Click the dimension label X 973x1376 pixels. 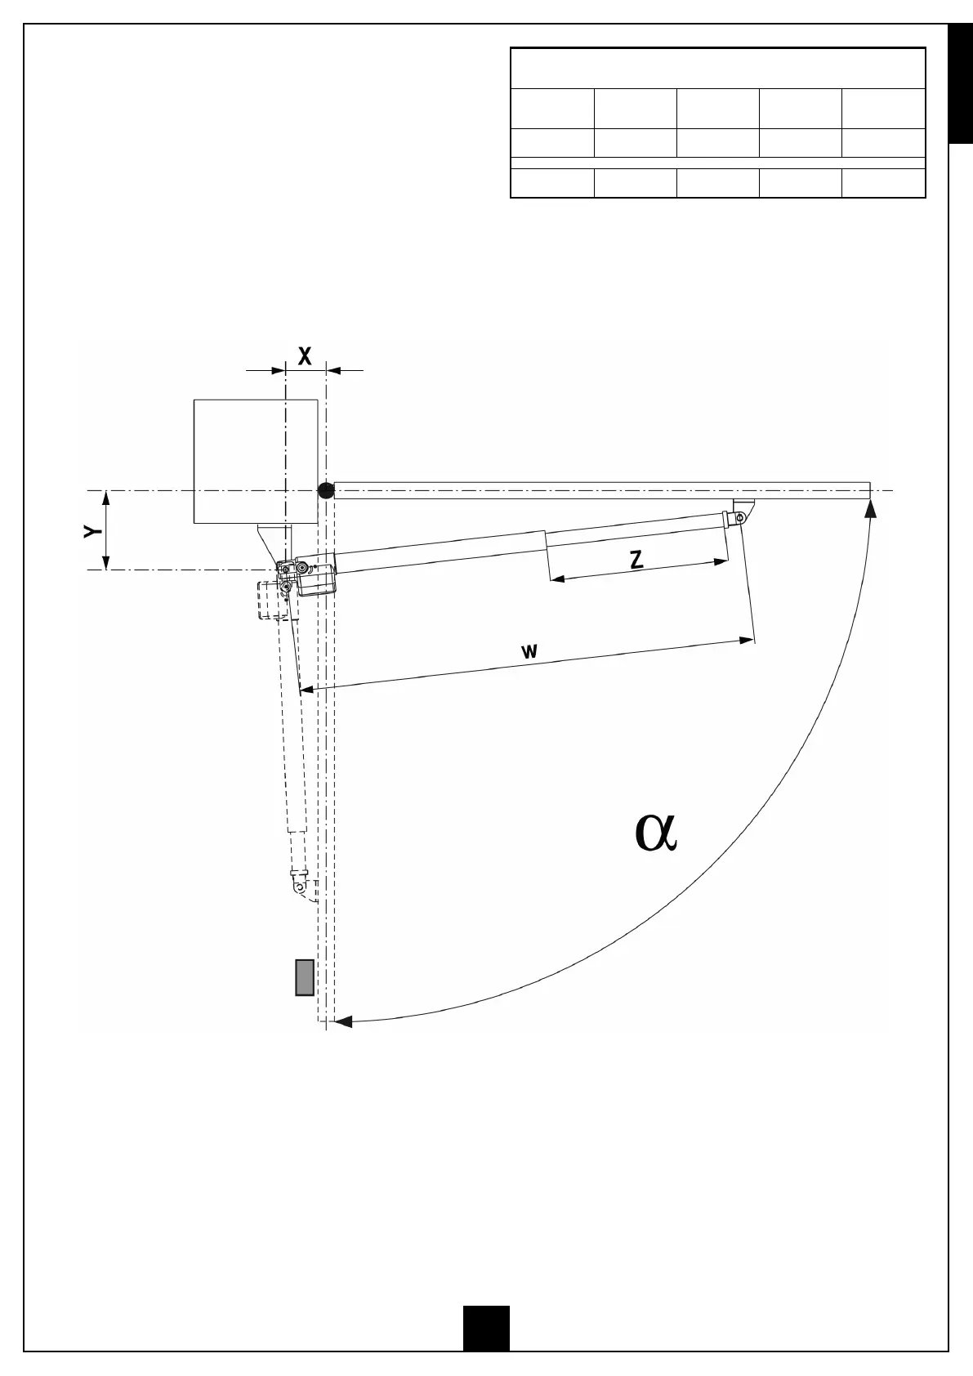click(305, 355)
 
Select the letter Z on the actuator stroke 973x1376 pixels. click(637, 560)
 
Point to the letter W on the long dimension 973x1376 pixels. click(529, 651)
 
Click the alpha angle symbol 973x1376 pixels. click(656, 833)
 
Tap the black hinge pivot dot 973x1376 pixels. click(325, 490)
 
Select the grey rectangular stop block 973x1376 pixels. click(305, 977)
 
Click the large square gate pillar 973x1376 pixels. click(255, 461)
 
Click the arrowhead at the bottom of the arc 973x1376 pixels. click(344, 1021)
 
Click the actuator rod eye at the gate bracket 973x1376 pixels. click(740, 517)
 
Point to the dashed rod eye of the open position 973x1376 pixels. click(299, 886)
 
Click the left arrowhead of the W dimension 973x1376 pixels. click(306, 690)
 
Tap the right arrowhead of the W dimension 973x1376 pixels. click(746, 640)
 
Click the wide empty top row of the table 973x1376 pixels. click(717, 69)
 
